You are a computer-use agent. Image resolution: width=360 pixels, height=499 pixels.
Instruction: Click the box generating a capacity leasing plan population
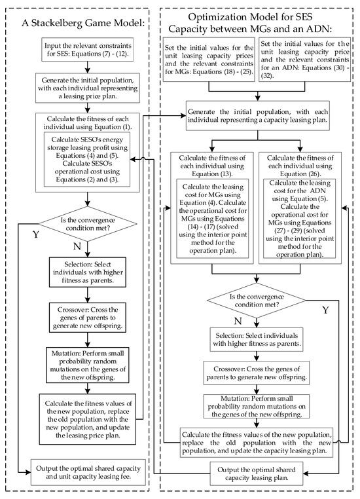(257, 114)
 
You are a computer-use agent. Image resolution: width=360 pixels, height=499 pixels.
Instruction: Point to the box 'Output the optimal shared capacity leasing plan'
(257, 471)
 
